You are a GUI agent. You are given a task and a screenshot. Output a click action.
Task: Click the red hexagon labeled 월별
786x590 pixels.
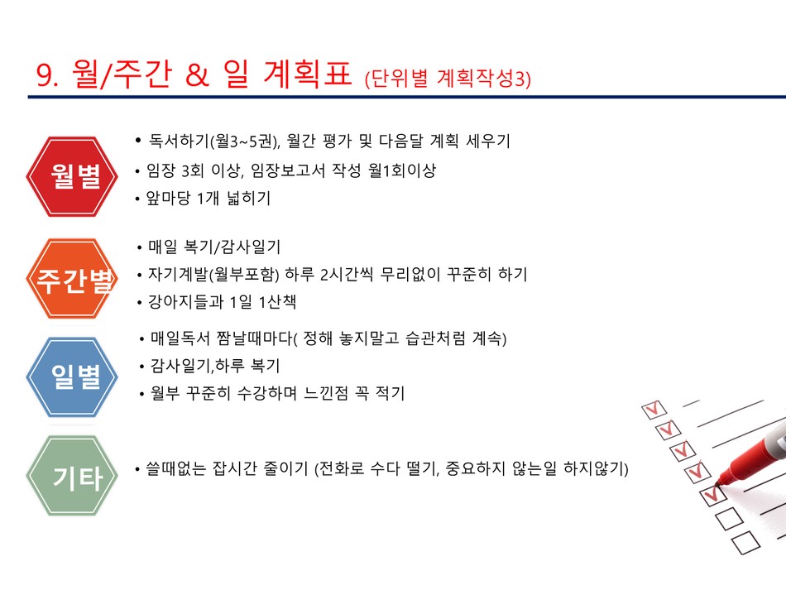click(72, 176)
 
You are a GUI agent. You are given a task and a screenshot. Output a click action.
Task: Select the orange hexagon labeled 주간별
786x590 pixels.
click(72, 279)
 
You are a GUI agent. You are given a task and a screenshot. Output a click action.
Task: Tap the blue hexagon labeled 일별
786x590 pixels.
click(72, 377)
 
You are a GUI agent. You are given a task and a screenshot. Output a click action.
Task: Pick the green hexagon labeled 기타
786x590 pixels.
click(72, 475)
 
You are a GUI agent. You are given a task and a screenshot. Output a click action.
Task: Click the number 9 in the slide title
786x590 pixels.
click(44, 76)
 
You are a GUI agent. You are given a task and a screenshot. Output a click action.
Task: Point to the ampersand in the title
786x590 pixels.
click(197, 76)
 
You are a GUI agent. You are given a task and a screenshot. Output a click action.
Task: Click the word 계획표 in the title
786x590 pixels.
click(307, 74)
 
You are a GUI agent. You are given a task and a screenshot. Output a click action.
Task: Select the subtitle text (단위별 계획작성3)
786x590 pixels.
click(448, 79)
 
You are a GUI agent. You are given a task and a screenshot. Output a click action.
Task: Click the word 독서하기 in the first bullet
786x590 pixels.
click(178, 141)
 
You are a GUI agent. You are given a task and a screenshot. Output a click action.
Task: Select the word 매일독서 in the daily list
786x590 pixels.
click(180, 338)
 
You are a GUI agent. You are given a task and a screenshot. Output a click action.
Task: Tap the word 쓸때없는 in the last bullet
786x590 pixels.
click(175, 468)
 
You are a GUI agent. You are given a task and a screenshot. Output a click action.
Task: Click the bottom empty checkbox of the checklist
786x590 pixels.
click(746, 542)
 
